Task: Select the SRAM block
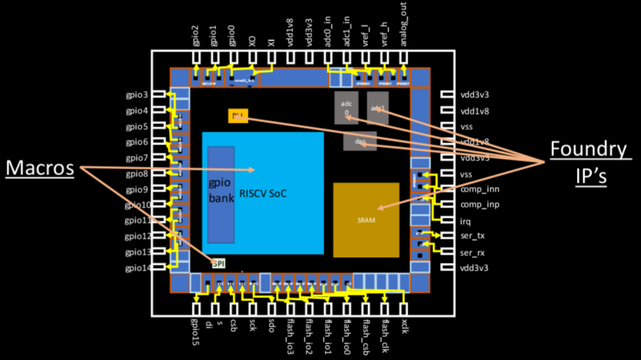[366, 220]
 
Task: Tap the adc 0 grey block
[346, 108]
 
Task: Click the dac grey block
[359, 141]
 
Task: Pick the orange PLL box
[238, 116]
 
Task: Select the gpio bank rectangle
[221, 195]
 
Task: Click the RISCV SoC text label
[263, 194]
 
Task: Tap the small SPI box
[219, 264]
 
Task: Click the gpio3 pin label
[137, 95]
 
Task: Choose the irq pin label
[465, 222]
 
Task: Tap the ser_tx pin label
[472, 236]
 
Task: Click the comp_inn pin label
[479, 190]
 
